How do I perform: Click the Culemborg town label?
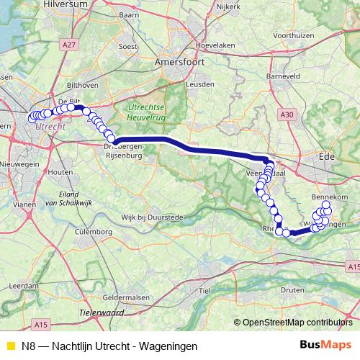[x=89, y=233]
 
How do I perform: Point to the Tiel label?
[x=204, y=289]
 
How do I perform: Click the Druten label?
[x=292, y=290]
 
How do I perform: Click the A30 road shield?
[x=289, y=114]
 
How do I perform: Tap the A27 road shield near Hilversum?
[x=69, y=45]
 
